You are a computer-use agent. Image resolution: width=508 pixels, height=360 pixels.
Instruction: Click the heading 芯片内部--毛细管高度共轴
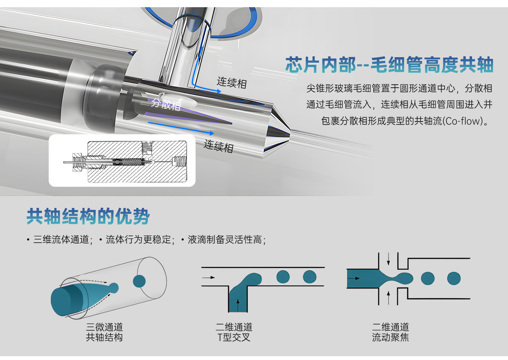coord(389,65)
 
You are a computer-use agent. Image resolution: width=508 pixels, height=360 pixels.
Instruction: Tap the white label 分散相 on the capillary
coord(166,104)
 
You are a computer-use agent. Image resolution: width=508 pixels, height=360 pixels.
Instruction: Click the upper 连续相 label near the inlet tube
coord(232,83)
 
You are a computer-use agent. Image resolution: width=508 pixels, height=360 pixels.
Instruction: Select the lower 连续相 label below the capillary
coord(218,146)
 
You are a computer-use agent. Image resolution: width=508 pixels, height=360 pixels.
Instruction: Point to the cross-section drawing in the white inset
coord(125,161)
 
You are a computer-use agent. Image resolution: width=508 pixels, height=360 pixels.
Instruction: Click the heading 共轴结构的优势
coord(88,216)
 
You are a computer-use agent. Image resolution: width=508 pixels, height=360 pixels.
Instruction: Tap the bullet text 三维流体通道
coord(61,240)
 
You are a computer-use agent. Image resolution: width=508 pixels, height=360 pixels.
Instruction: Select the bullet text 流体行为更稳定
coord(138,240)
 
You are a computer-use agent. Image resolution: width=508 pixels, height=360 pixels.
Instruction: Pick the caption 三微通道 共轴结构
coord(104,332)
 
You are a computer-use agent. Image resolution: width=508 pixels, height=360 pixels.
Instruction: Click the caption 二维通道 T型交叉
coord(234,332)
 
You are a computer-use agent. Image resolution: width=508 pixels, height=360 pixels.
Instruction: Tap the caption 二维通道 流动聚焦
coord(390,332)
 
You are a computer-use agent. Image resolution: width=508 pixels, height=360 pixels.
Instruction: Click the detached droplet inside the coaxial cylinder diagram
coord(139,281)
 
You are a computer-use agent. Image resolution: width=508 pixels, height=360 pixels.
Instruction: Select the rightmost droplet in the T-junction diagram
coord(309,277)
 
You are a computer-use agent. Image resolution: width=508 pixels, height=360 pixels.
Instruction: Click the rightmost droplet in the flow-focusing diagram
coord(454,278)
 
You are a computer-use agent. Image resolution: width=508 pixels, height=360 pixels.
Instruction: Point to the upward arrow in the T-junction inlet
coord(238,305)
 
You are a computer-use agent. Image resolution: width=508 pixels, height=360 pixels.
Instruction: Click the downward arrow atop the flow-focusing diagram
coord(389,259)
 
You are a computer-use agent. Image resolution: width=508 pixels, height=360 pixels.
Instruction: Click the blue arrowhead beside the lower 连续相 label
coord(212,133)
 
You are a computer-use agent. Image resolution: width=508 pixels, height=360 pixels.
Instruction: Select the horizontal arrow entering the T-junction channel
coord(208,277)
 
